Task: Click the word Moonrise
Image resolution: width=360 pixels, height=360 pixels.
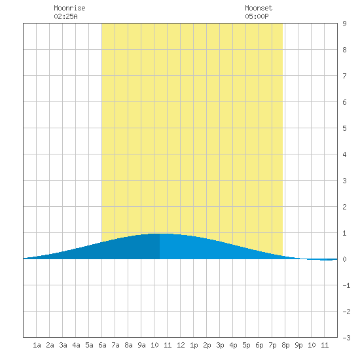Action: (69, 8)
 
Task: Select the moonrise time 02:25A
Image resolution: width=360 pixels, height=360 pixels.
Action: (65, 16)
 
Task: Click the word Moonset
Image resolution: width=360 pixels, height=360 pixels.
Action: (259, 8)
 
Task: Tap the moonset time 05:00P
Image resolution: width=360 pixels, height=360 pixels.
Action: (257, 16)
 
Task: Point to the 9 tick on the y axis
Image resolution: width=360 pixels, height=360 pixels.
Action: (344, 24)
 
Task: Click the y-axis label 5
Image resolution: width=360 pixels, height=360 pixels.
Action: (344, 128)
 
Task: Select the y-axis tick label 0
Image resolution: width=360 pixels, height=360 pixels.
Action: (344, 259)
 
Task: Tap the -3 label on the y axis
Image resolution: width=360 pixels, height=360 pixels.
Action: (346, 338)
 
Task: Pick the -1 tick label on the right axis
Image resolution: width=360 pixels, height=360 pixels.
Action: (346, 285)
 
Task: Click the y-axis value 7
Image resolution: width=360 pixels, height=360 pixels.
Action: (344, 76)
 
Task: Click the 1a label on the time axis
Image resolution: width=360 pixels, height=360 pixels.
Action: (37, 345)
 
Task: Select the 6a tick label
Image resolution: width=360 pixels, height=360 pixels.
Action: (102, 345)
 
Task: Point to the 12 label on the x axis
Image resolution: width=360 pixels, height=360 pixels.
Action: (181, 345)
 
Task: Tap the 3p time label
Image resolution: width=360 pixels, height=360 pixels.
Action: (220, 345)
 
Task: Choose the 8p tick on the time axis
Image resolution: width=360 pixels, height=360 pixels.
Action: (285, 345)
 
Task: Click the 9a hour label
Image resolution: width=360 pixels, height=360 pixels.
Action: (141, 345)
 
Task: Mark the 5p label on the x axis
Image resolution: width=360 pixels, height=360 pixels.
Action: (246, 345)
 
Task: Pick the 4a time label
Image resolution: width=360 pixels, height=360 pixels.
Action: (76, 345)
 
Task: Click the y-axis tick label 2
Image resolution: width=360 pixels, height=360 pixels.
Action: (344, 207)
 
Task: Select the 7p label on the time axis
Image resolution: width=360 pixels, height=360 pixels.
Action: (272, 345)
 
